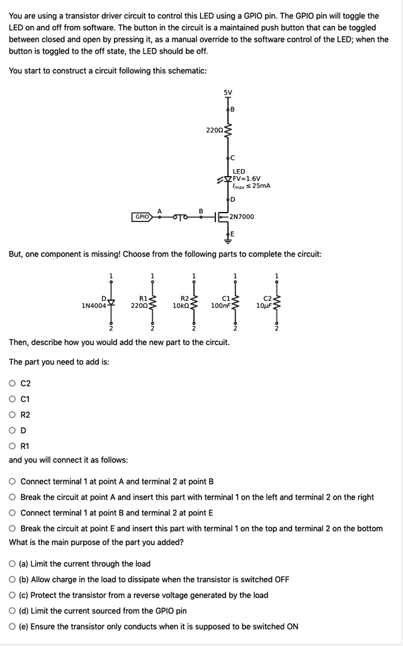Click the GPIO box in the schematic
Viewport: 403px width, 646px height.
pyautogui.click(x=142, y=216)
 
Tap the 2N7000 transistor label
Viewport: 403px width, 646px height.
pyautogui.click(x=242, y=216)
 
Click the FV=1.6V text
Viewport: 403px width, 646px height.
pyautogui.click(x=247, y=179)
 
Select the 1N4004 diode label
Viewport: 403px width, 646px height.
pyautogui.click(x=94, y=305)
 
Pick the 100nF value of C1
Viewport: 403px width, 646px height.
pyautogui.click(x=220, y=305)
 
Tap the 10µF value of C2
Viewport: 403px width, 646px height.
pyautogui.click(x=264, y=305)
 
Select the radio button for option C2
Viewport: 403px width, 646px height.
pyautogui.click(x=12, y=383)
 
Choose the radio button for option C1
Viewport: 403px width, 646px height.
pyautogui.click(x=12, y=399)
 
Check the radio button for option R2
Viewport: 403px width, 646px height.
pyautogui.click(x=12, y=414)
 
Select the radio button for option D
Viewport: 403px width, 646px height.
pyautogui.click(x=12, y=430)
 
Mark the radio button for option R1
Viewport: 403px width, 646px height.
pyautogui.click(x=12, y=446)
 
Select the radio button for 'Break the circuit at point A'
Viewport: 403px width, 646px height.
pyautogui.click(x=12, y=497)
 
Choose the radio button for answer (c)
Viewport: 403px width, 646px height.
pyautogui.click(x=12, y=595)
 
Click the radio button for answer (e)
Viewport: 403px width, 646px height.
pyautogui.click(x=12, y=626)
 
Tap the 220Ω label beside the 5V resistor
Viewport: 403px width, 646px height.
pyautogui.click(x=214, y=130)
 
